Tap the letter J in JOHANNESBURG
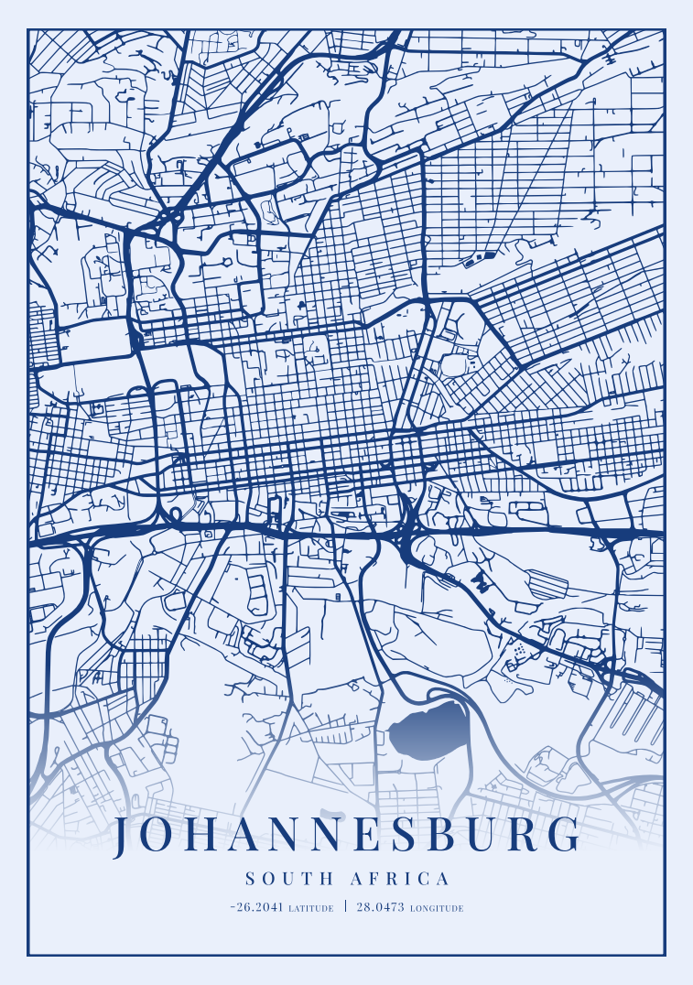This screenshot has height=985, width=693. [x=125, y=837]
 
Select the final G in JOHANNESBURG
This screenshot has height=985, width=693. [x=567, y=837]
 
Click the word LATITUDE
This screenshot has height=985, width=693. [x=310, y=909]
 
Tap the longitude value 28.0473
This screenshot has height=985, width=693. [x=380, y=908]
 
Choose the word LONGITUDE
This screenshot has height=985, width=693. [x=437, y=909]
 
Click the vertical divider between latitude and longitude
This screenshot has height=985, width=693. [x=345, y=907]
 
